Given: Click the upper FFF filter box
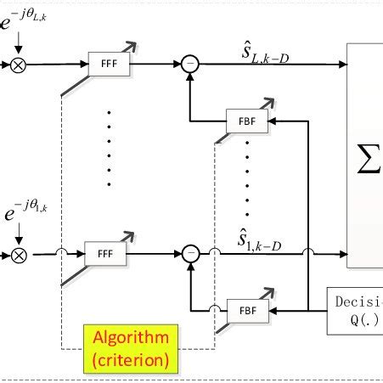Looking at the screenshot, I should coord(106,64).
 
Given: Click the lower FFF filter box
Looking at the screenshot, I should coord(105,253).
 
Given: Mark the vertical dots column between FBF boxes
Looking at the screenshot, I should coord(247,178).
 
